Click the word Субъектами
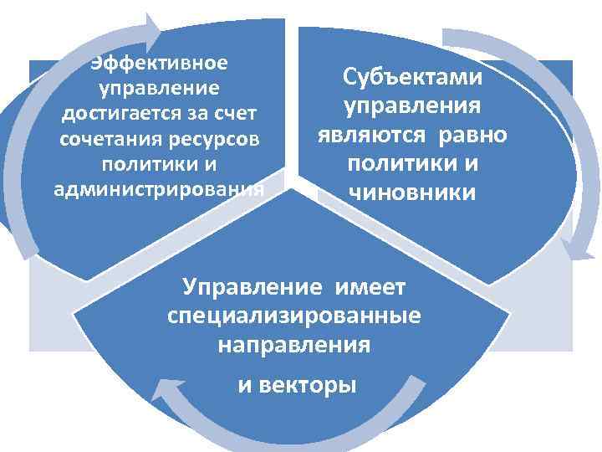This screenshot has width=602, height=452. point(412,78)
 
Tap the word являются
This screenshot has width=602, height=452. point(374,135)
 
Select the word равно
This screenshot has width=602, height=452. point(473,135)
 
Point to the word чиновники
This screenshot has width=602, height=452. point(412,193)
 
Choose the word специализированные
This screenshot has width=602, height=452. point(293,316)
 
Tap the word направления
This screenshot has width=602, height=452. point(293,344)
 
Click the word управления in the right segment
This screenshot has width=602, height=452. point(412,106)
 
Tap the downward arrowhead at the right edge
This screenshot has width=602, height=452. point(570,249)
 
